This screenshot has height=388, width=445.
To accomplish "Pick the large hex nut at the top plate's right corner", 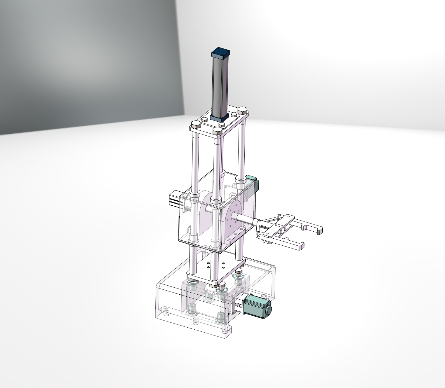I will pos(243,111).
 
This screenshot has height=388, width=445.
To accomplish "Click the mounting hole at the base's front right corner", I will pos(225,331).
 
